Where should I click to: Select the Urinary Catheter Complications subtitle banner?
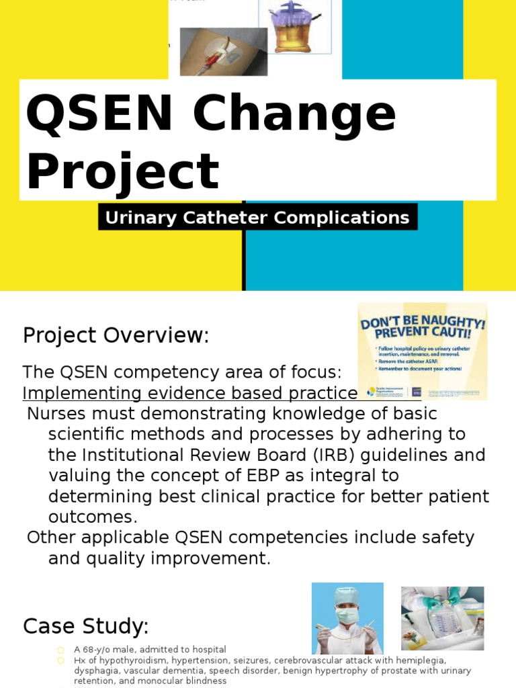(x=257, y=218)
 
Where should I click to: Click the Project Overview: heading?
(x=116, y=335)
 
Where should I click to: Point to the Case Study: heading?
(x=85, y=626)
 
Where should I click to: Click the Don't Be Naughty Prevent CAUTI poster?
(x=423, y=351)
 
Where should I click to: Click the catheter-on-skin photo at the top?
(x=223, y=51)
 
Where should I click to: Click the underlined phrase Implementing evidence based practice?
(x=190, y=393)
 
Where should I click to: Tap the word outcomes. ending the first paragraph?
(x=93, y=517)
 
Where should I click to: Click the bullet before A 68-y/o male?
(x=60, y=650)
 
